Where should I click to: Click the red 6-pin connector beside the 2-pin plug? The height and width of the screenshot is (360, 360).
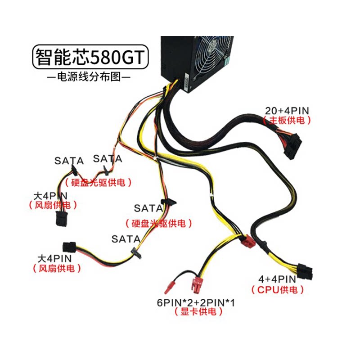197,284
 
